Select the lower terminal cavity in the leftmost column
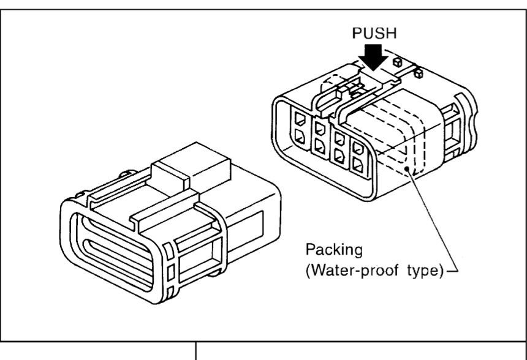click(300, 137)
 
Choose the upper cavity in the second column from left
click(319, 129)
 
